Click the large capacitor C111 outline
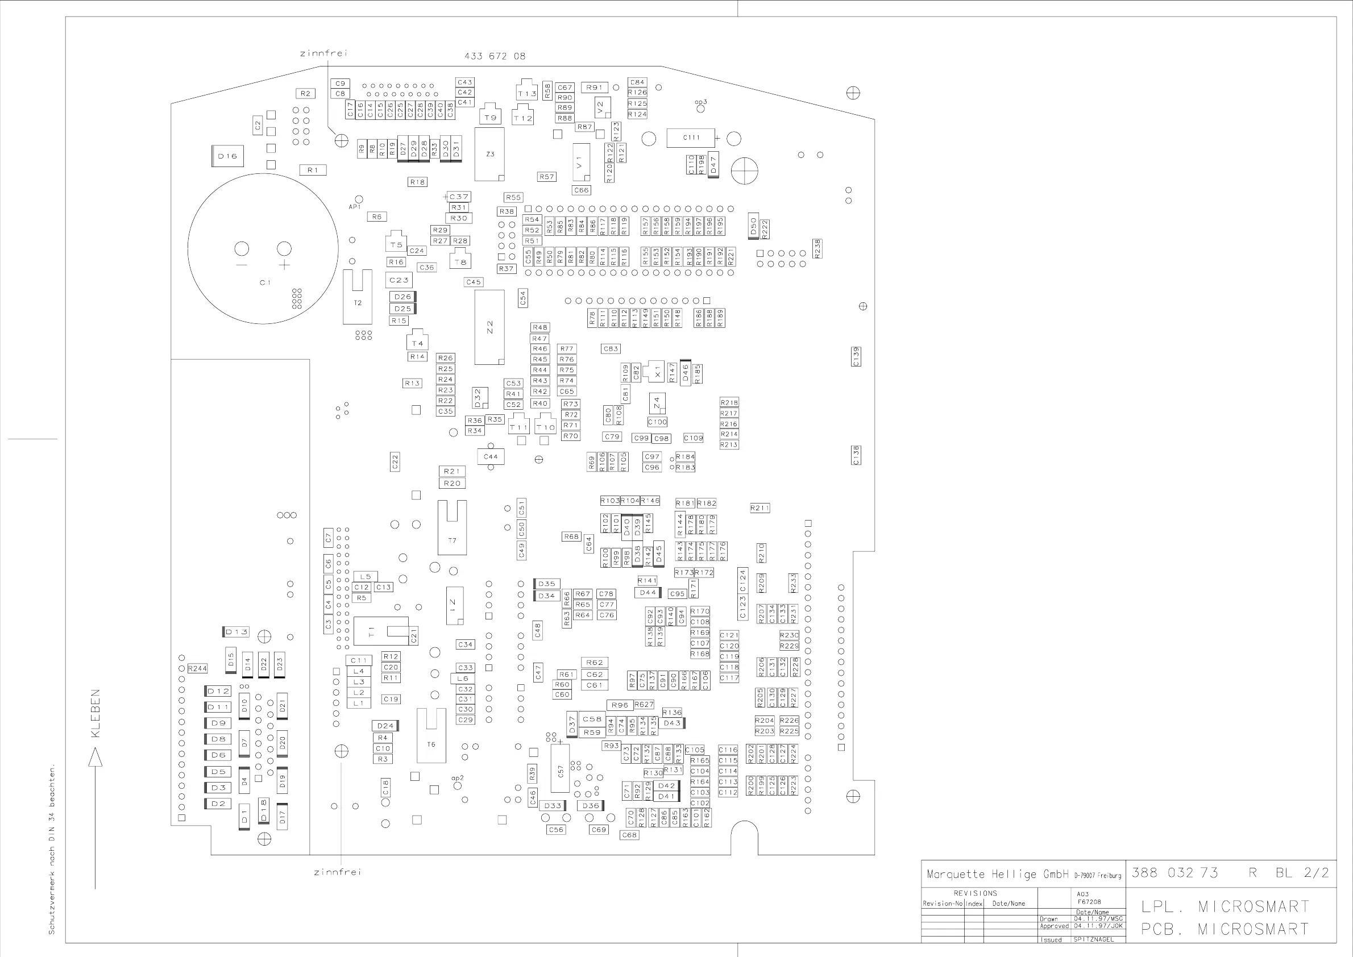pos(690,138)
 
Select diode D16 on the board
pos(227,156)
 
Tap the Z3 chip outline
pos(489,155)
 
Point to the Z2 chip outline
pos(489,327)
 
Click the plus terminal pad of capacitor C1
pos(284,249)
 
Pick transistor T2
pos(357,298)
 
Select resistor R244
pos(197,668)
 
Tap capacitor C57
pos(560,769)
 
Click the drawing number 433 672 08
pos(495,56)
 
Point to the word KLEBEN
pos(96,713)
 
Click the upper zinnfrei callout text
pos(323,53)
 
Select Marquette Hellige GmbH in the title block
pos(997,874)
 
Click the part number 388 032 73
pos(1174,872)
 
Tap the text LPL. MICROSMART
pos(1225,906)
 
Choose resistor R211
pos(760,508)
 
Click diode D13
pos(236,632)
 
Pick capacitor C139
pos(856,356)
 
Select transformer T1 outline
pos(380,632)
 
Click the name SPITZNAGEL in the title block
pos(1094,939)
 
